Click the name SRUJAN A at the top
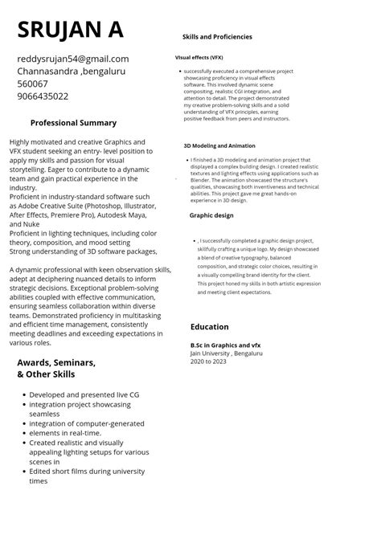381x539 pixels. point(70,30)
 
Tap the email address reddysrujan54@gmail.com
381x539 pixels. point(73,59)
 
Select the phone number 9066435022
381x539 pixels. point(43,96)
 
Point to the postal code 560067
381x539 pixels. point(32,84)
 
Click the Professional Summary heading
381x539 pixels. point(73,123)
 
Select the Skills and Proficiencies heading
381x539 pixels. point(217,37)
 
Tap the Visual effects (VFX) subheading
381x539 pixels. point(199,58)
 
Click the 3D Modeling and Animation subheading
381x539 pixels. point(219,146)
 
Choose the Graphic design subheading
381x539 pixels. point(211,215)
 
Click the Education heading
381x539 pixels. point(210,327)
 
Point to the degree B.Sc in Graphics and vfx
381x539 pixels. point(226,345)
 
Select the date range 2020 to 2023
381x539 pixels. point(208,361)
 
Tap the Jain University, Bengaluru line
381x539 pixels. point(227,353)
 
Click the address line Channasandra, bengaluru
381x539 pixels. point(72,71)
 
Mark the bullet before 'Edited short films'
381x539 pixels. point(23,472)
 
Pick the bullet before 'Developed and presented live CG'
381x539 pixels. point(23,395)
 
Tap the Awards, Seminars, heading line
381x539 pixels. point(56,363)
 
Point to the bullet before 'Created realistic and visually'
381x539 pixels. point(23,443)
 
